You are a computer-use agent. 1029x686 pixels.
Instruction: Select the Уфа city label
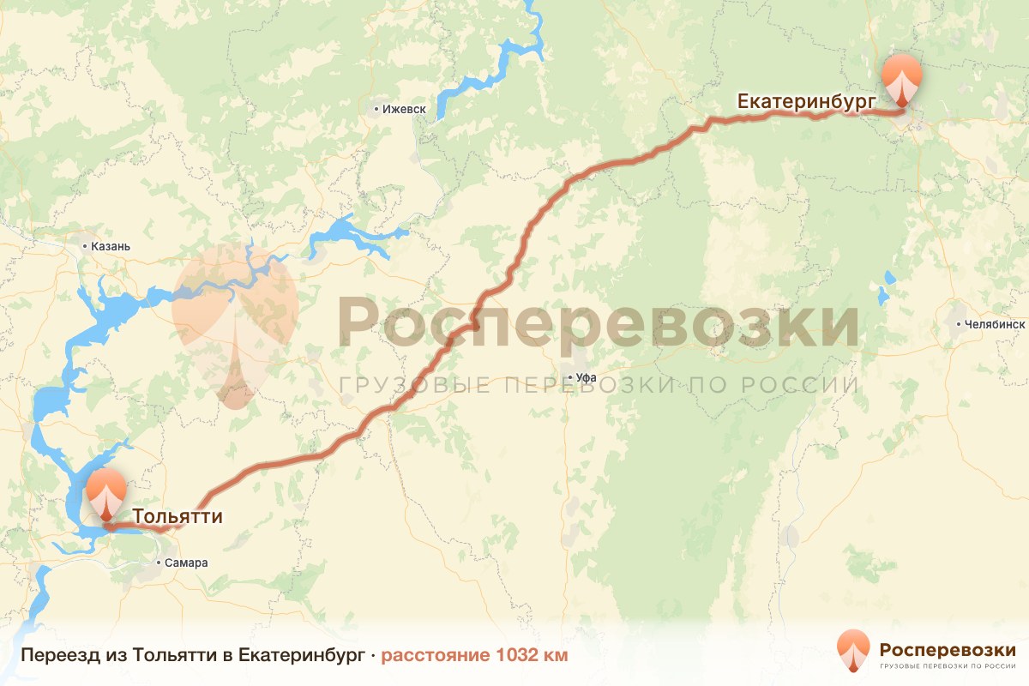coord(587,377)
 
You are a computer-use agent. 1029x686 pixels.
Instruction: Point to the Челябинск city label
coord(996,325)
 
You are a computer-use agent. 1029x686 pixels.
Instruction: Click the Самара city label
coord(187,563)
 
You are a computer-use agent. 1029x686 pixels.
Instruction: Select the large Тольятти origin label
coord(178,517)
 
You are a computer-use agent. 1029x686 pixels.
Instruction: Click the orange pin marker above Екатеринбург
coord(903,79)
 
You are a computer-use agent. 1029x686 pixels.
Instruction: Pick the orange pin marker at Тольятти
coord(106,493)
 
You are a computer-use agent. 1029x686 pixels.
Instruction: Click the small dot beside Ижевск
coord(376,110)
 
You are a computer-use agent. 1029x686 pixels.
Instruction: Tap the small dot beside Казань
coord(85,247)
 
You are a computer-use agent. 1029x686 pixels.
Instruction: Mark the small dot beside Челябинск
coord(959,325)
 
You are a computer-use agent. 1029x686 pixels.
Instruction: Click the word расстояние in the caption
coord(436,656)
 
